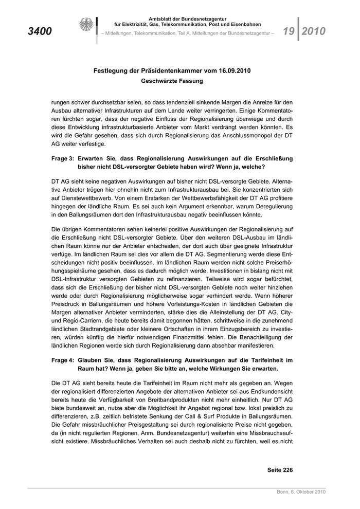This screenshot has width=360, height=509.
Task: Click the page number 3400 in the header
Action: tap(40, 31)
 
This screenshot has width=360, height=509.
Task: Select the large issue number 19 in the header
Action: tap(288, 31)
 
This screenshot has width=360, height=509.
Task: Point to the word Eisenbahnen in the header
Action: tap(244, 24)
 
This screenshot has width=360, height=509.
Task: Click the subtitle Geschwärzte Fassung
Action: tap(172, 81)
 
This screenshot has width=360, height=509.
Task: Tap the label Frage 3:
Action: tap(63, 159)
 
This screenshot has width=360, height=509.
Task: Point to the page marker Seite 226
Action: tap(280, 469)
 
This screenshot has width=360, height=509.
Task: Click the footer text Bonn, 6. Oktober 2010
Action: tap(301, 492)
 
